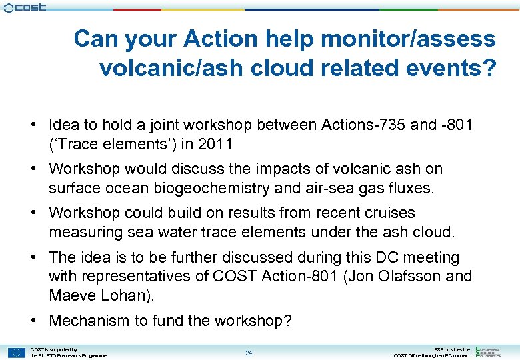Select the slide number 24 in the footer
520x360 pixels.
(x=248, y=353)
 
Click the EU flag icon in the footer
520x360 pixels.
(x=16, y=352)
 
